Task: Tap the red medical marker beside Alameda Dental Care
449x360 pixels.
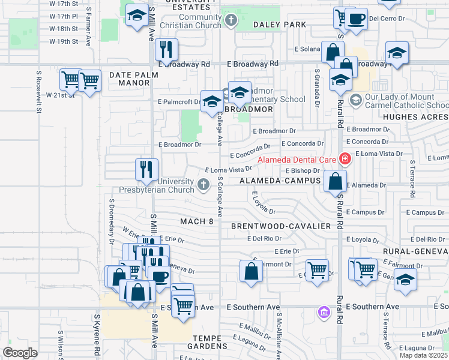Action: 345,159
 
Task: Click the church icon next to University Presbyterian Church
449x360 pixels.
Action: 203,184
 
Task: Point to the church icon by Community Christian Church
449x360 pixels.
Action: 231,22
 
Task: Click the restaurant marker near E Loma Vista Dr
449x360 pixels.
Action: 147,170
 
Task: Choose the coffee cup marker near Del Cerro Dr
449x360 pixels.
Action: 357,18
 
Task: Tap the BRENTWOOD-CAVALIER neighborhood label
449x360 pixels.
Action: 281,226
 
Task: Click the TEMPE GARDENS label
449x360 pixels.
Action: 207,346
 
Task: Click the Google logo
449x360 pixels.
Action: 20,352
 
